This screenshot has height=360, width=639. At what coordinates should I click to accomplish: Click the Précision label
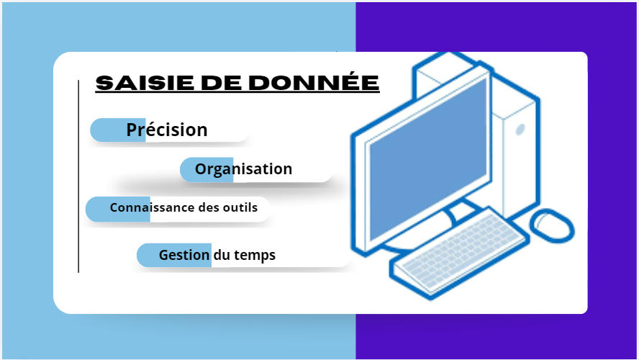point(167,130)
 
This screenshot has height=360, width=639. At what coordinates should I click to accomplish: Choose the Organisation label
point(243,169)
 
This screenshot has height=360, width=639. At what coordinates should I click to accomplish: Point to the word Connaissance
point(152,207)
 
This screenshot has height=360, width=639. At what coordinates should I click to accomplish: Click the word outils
point(240,207)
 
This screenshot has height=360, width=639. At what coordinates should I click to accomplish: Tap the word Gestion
point(184,255)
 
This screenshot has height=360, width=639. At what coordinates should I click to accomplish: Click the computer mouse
point(552,226)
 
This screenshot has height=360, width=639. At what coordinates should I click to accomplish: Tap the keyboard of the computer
point(460,253)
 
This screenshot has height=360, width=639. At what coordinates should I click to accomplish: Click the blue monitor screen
point(428,159)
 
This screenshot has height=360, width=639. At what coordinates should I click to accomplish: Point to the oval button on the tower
point(520,130)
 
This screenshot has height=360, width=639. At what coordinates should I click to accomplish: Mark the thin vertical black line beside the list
point(78,176)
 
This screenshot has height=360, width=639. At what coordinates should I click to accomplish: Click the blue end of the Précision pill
point(118,130)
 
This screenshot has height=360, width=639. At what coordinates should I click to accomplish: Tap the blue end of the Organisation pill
point(207,170)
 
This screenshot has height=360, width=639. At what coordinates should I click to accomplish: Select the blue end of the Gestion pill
point(174,255)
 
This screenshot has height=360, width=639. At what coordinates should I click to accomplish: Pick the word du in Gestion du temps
point(222,255)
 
